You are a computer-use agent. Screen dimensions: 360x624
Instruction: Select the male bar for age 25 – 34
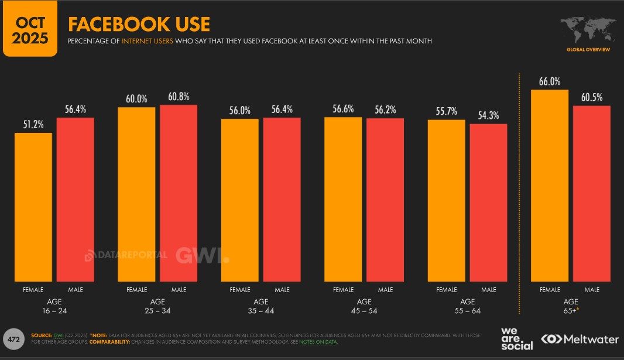pos(179,193)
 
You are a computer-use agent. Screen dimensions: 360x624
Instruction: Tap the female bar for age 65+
pos(549,185)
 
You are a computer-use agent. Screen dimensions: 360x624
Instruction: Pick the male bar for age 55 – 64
pos(488,203)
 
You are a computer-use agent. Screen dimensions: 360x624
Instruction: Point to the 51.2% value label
pos(33,124)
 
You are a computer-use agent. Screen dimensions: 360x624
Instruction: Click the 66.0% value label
pos(549,81)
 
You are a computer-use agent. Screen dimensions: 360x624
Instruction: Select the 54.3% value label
pos(488,115)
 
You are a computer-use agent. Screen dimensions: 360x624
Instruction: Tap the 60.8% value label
pos(179,97)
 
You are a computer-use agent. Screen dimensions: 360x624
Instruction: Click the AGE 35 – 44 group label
pos(260,306)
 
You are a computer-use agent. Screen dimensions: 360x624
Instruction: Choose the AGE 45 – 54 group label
pos(364,306)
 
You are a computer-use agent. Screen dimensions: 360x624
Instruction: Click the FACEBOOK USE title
pos(139,25)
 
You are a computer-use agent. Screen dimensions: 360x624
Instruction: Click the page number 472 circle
pos(13,338)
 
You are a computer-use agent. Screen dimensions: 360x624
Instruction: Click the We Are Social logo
pos(516,338)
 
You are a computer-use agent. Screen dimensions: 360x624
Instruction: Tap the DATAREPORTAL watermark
pos(126,255)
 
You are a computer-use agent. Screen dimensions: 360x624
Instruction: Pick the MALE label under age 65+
pos(592,290)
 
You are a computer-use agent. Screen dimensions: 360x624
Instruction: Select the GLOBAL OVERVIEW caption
pos(588,50)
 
